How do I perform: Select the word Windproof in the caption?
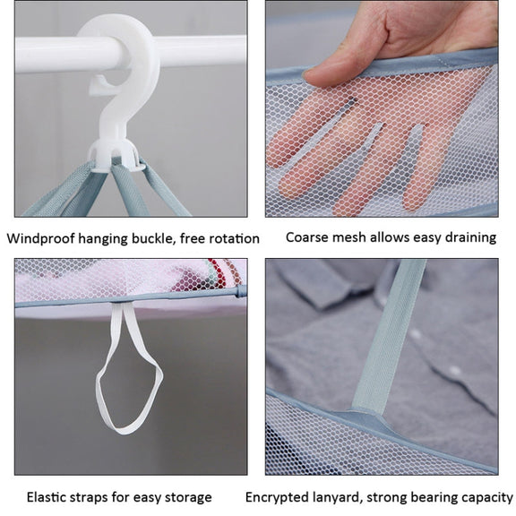click(41, 238)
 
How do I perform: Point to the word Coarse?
click(306, 237)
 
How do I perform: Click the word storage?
click(188, 497)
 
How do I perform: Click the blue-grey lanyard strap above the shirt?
click(388, 336)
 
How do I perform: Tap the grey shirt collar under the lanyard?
click(316, 283)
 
